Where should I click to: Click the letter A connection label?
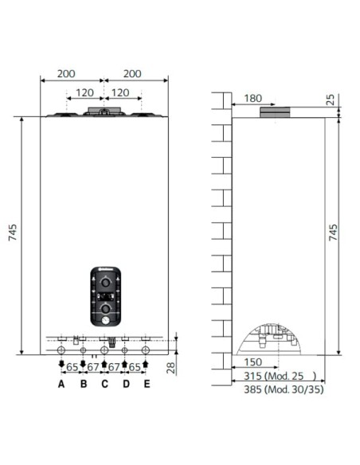(61, 385)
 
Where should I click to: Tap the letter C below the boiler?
(104, 385)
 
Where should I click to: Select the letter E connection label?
(147, 385)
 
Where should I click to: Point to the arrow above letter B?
(83, 365)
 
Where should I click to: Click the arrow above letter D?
(124, 365)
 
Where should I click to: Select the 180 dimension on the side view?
(253, 99)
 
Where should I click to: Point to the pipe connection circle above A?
(61, 350)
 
